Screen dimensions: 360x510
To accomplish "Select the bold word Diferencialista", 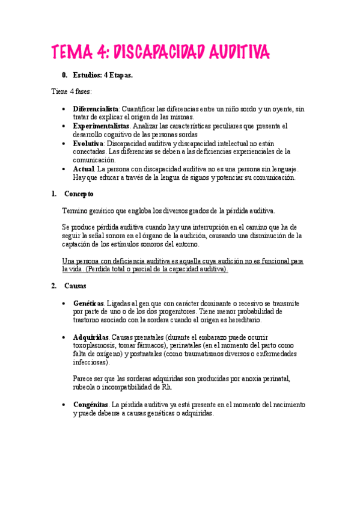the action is [96, 109].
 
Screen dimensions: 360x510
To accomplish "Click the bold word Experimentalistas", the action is [101, 126].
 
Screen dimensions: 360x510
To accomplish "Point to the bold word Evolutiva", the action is [88, 144].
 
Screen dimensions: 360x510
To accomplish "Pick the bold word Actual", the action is [84, 170].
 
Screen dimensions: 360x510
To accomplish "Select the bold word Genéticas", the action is [88, 304].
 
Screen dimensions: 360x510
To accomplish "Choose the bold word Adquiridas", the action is [91, 337].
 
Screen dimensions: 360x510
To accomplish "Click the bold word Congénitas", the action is [91, 405].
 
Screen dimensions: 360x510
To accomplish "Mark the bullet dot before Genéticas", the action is [65, 304].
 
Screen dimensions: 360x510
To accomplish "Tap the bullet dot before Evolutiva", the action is [65, 144].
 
